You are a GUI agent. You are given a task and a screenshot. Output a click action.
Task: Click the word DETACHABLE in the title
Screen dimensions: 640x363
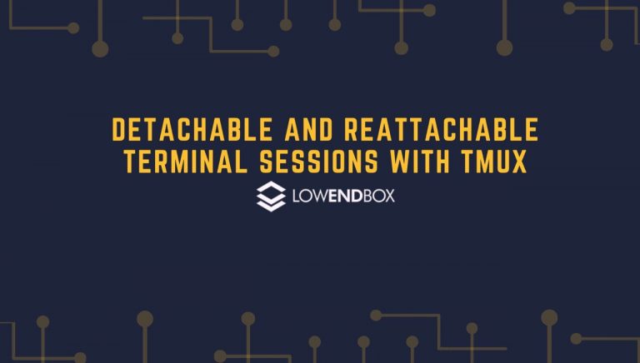[x=192, y=130]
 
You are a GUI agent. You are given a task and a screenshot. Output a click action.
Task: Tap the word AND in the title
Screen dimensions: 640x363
[x=308, y=130]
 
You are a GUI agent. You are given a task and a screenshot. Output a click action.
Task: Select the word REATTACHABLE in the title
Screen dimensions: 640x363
[x=442, y=130]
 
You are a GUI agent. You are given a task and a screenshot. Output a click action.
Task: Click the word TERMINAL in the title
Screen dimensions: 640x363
[x=186, y=162]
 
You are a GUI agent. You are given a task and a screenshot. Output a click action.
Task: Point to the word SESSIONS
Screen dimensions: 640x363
[x=319, y=162]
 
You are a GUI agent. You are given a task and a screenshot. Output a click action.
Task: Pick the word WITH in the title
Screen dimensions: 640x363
[x=420, y=162]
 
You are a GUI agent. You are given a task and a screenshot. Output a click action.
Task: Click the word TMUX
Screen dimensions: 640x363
[x=494, y=162]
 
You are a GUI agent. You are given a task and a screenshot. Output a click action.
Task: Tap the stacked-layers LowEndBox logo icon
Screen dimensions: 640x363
[x=271, y=196]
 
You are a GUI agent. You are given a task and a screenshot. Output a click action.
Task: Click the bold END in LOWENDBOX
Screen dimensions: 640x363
[x=345, y=196]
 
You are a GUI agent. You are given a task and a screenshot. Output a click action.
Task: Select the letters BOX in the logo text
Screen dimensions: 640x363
[x=379, y=196]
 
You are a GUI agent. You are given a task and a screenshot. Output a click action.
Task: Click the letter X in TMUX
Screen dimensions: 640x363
[x=519, y=162]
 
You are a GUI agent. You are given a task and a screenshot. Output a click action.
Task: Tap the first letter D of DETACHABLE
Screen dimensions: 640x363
[x=118, y=130]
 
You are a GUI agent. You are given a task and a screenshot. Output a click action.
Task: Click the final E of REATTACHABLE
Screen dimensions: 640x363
[x=532, y=130]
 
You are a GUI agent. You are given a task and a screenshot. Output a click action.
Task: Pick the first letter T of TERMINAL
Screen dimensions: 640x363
[x=130, y=162]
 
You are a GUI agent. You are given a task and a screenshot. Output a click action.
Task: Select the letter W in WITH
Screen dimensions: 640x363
[x=400, y=162]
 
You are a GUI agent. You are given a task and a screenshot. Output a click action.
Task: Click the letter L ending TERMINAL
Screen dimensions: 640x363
[x=242, y=162]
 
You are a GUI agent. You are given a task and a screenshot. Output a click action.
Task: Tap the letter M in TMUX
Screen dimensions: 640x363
[x=485, y=162]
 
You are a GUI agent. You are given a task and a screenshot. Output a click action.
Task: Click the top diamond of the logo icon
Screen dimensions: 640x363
[x=271, y=188]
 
